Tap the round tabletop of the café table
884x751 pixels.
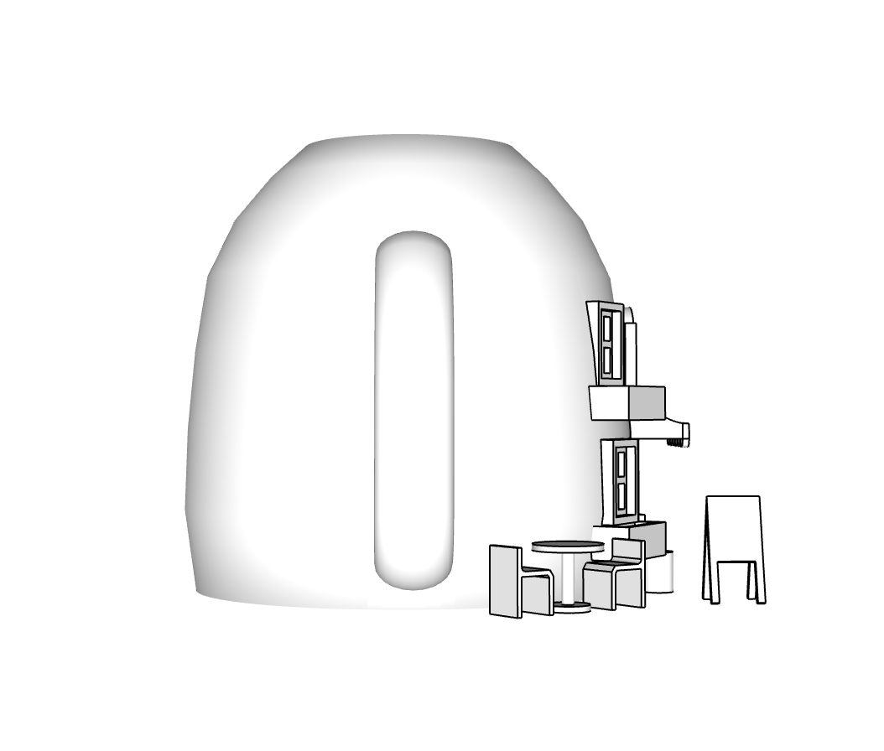coord(568,546)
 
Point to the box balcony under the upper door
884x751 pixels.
coord(627,403)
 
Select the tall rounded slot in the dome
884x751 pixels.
coord(413,411)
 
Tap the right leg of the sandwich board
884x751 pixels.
coord(757,583)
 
